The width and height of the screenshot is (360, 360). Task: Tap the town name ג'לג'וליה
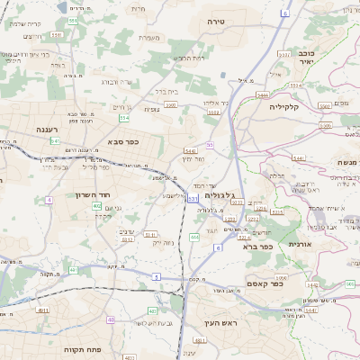click(x=220, y=194)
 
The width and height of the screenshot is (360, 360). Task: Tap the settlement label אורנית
click(x=301, y=243)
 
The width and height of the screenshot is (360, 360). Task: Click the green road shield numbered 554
click(x=124, y=118)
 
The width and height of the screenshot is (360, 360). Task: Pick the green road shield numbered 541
click(x=56, y=141)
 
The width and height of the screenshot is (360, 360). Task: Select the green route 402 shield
click(x=96, y=206)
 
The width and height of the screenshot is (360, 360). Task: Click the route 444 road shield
click(x=194, y=237)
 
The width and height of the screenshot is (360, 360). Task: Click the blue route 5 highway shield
click(x=156, y=277)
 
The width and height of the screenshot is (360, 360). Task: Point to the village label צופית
click(x=152, y=108)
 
